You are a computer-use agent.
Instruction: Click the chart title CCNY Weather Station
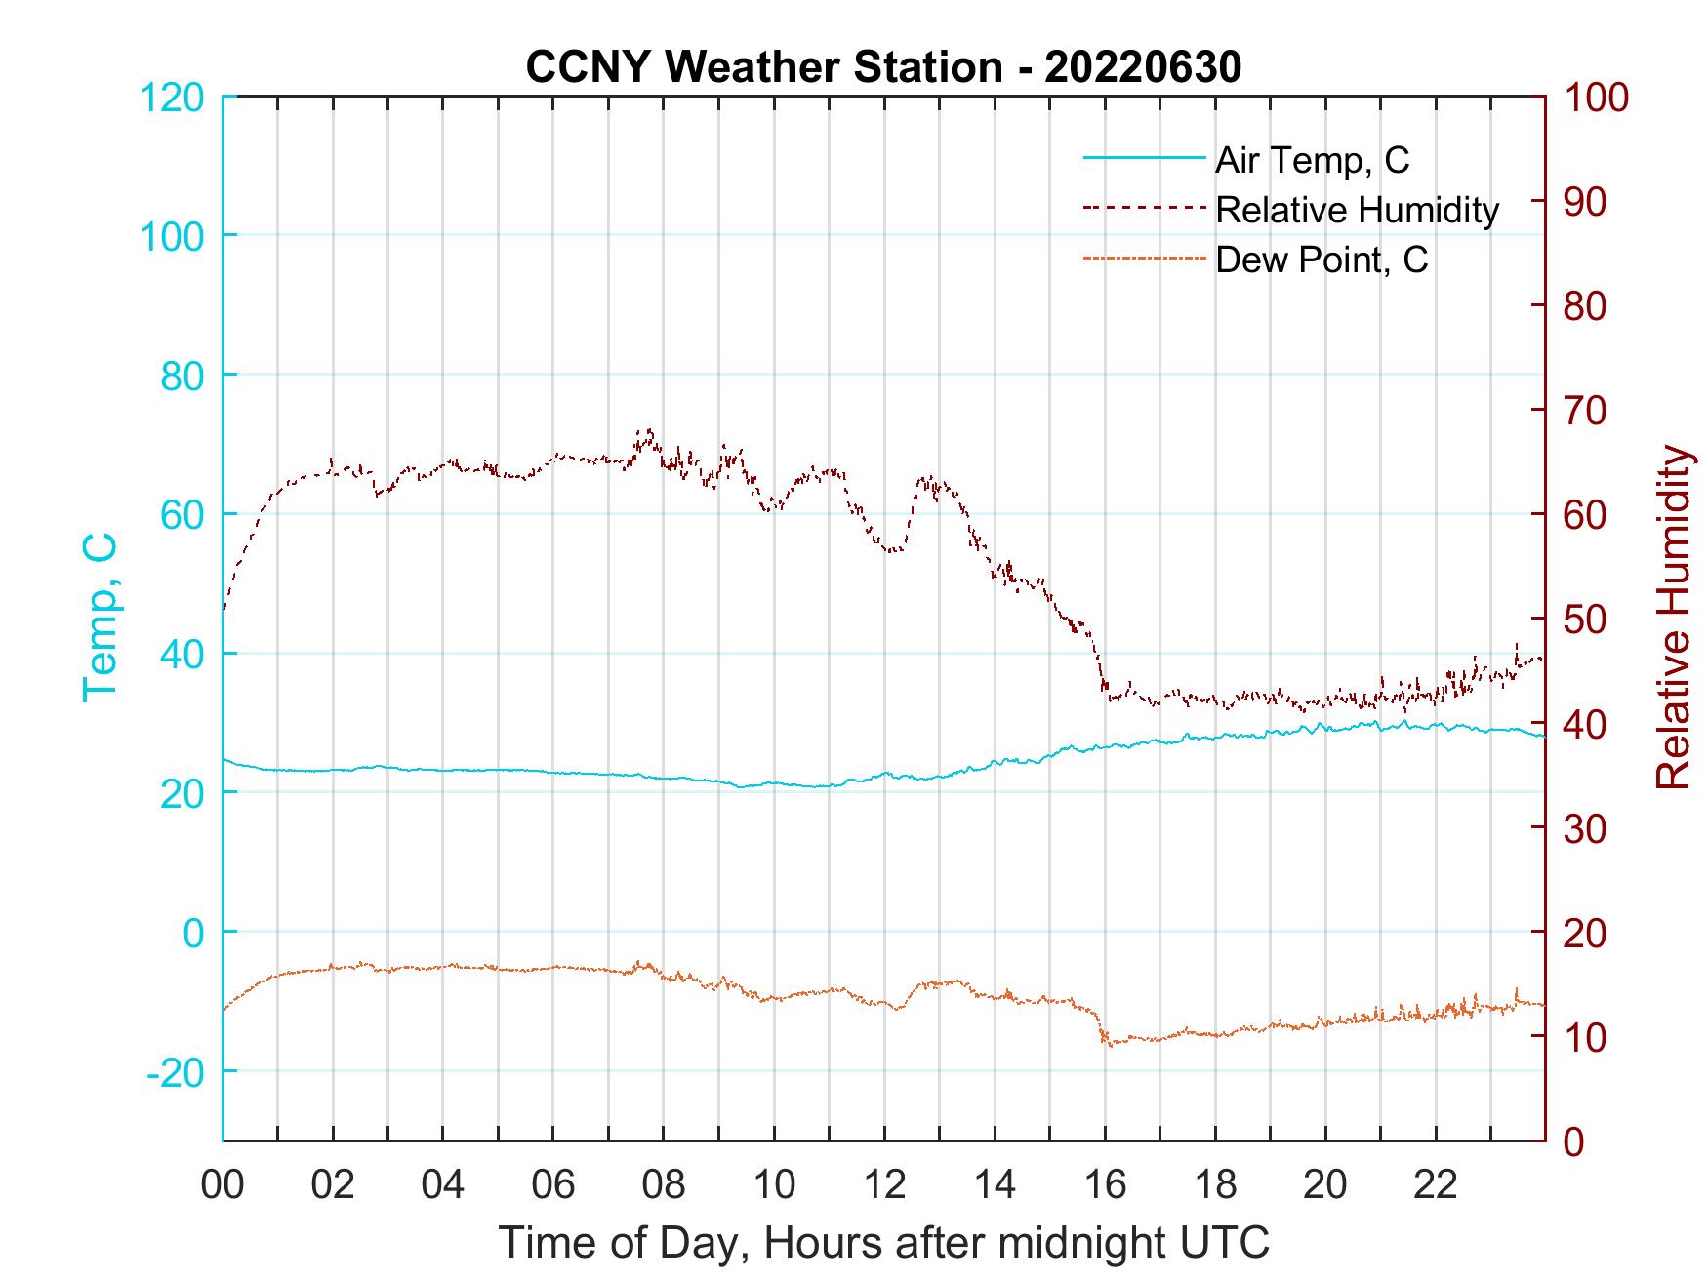[763, 67]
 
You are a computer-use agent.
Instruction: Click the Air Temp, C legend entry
[1312, 160]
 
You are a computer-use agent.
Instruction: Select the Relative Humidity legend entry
[1357, 210]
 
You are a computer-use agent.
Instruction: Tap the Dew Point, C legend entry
[1322, 260]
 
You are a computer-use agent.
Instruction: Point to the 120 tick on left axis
[174, 98]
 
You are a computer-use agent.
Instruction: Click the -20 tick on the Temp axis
[176, 1072]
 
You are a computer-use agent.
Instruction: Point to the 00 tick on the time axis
[223, 1185]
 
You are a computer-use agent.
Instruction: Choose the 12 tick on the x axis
[884, 1185]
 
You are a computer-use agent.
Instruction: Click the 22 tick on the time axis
[1436, 1185]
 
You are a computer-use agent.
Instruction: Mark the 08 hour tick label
[664, 1185]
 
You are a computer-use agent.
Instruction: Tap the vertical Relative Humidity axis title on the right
[1673, 618]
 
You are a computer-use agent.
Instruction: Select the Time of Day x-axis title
[884, 1243]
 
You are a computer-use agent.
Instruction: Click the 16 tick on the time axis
[1105, 1185]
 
